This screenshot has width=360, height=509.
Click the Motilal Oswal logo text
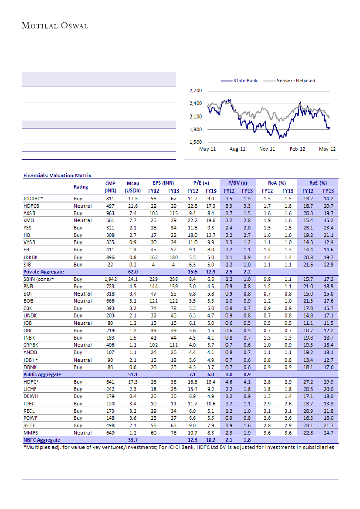(x=55, y=26)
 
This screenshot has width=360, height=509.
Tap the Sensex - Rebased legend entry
(x=295, y=81)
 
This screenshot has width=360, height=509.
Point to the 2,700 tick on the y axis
(x=196, y=91)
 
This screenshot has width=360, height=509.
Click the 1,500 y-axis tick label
(x=196, y=142)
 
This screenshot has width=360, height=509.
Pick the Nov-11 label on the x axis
(x=267, y=149)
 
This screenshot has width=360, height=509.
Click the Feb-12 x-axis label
(x=298, y=149)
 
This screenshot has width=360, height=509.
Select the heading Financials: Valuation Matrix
(x=57, y=175)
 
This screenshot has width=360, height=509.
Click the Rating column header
(x=81, y=187)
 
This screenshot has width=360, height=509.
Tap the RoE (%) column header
(x=318, y=183)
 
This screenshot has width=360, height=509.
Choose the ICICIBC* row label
(x=33, y=198)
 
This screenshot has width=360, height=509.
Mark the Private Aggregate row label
(x=44, y=271)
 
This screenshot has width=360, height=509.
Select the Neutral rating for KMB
(x=82, y=220)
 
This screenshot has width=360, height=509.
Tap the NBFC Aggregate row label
(x=42, y=440)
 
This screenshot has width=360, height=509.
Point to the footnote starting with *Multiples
(x=178, y=447)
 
